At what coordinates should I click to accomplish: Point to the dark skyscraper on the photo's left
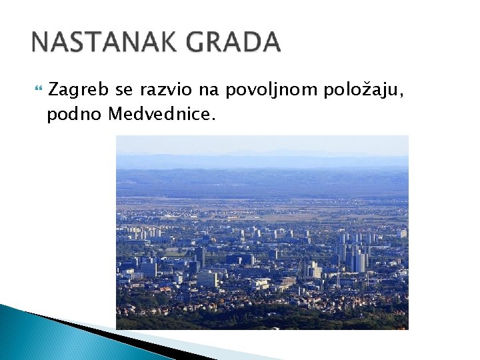click(x=201, y=257)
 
